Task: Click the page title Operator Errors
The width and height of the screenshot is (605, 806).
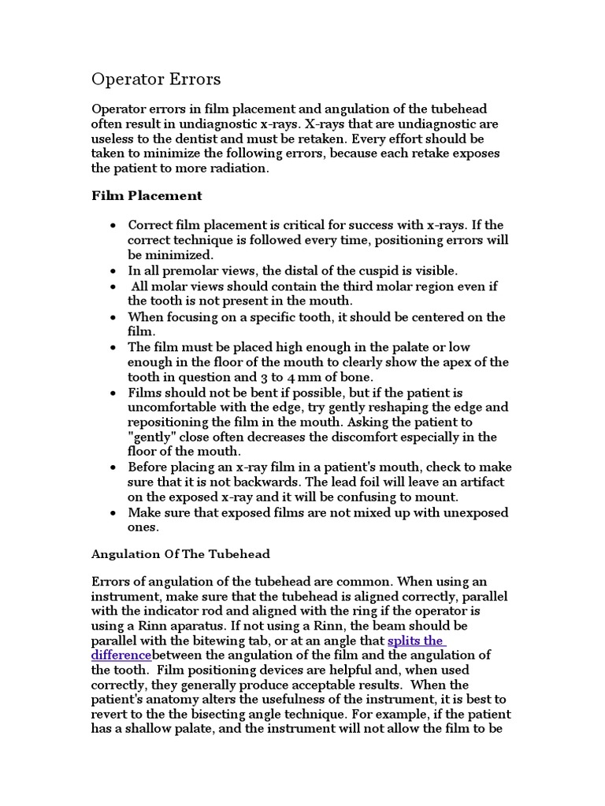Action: (157, 79)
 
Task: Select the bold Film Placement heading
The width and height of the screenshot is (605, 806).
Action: (147, 195)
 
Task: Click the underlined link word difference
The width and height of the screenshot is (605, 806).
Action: (121, 655)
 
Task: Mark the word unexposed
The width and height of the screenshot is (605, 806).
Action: (471, 512)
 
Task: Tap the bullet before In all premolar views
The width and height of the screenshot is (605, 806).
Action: (115, 270)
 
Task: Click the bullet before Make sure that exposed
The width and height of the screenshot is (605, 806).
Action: (115, 512)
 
